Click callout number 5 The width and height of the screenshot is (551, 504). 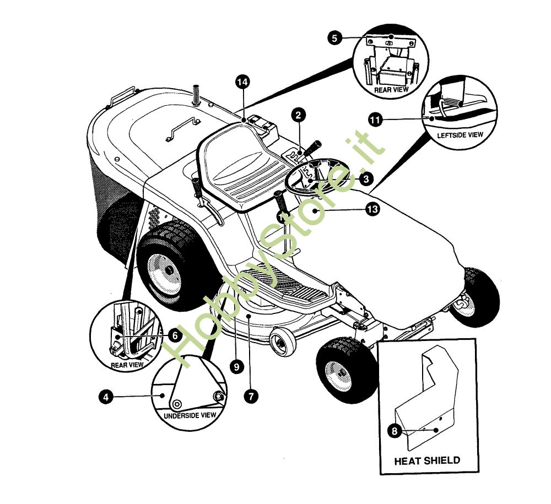point(334,37)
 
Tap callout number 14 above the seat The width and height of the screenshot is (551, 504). point(242,82)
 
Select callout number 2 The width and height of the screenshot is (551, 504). point(298,115)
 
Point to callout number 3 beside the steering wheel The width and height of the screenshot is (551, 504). point(366,179)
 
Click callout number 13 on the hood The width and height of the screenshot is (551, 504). point(372,209)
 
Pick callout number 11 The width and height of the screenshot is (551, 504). point(375,120)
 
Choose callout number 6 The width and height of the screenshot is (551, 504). point(175,336)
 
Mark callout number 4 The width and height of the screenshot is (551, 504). point(106,397)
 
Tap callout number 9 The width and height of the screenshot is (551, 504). point(236,367)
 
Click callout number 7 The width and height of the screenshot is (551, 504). point(251,397)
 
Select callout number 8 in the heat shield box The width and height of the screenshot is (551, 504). point(395,431)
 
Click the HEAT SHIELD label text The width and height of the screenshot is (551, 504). point(427,460)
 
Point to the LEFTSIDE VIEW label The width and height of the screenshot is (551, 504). point(460,135)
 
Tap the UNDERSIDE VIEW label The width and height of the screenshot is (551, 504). point(190,415)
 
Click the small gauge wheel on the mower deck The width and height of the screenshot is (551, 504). point(282,342)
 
